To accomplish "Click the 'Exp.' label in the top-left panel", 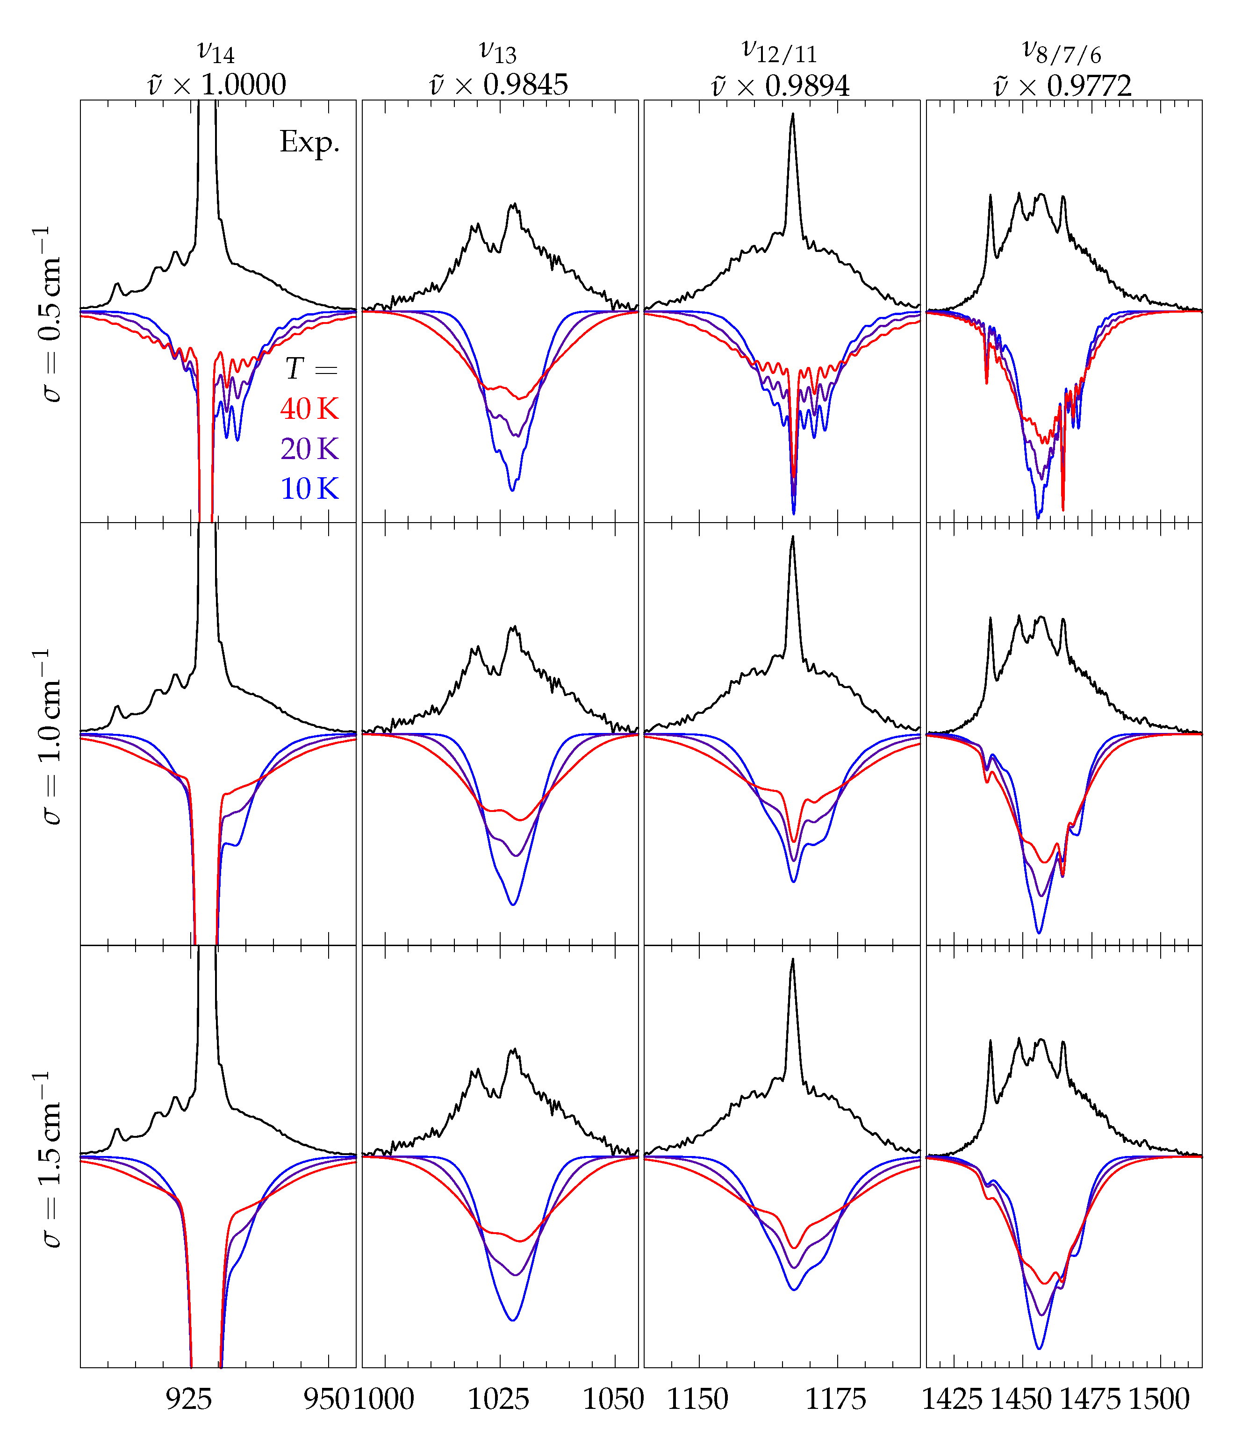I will pos(310,142).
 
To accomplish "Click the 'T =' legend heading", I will pos(311,369).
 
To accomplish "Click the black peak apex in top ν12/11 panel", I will pos(792,115).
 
